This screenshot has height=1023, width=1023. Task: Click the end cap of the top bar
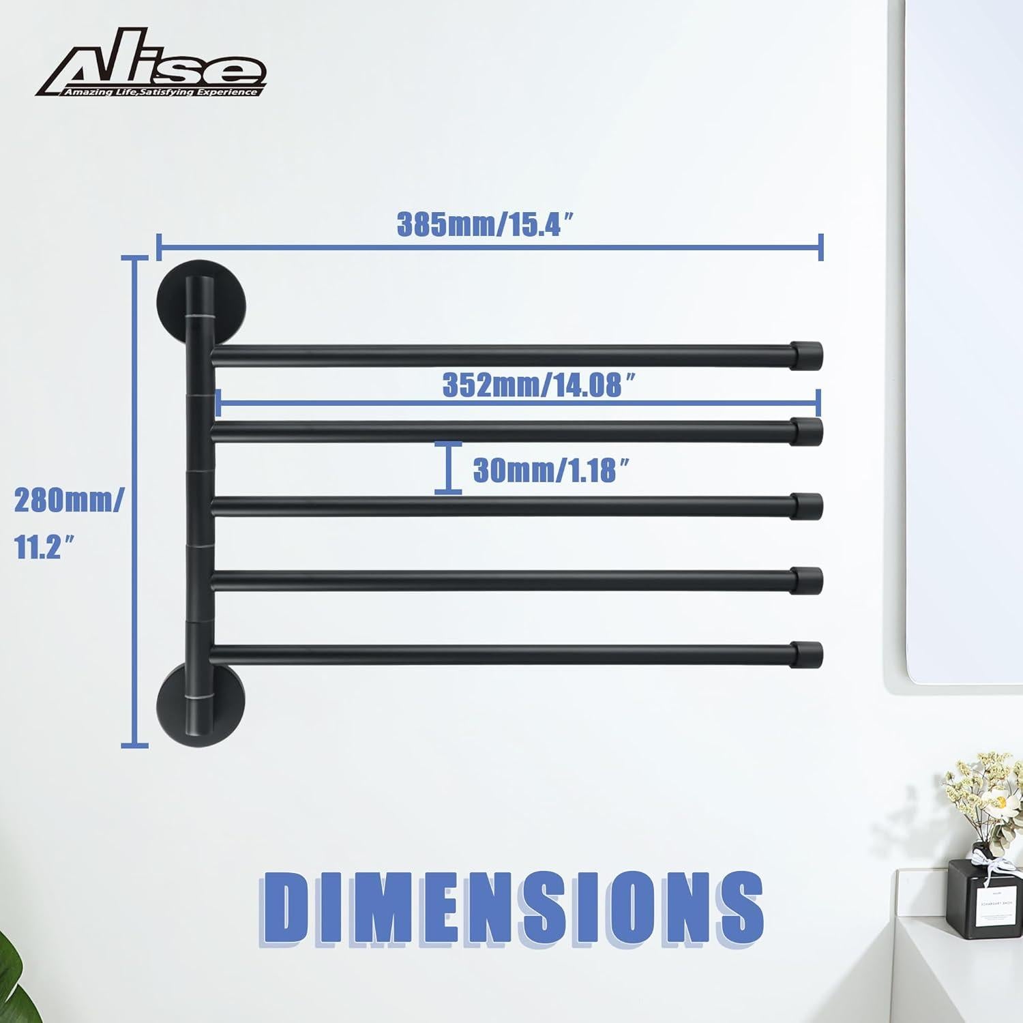pos(808,353)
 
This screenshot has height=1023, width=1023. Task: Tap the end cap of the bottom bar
pos(808,654)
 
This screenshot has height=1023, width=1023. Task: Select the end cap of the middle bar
pos(808,506)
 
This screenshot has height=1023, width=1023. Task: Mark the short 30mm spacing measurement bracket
pos(448,467)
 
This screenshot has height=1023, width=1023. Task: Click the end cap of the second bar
pos(808,432)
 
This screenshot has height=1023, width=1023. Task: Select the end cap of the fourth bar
pos(808,580)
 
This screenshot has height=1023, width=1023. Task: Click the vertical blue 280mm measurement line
pos(135,501)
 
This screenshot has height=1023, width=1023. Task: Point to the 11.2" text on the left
pos(45,547)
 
